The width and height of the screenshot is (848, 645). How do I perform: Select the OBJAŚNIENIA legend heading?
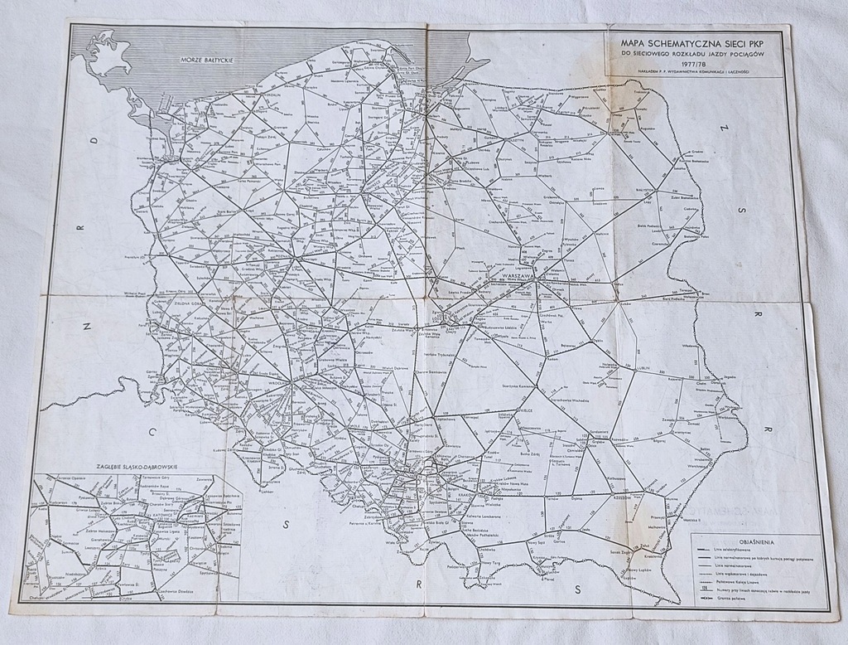[757, 542]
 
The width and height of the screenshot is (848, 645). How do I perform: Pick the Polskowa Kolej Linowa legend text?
[737, 582]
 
